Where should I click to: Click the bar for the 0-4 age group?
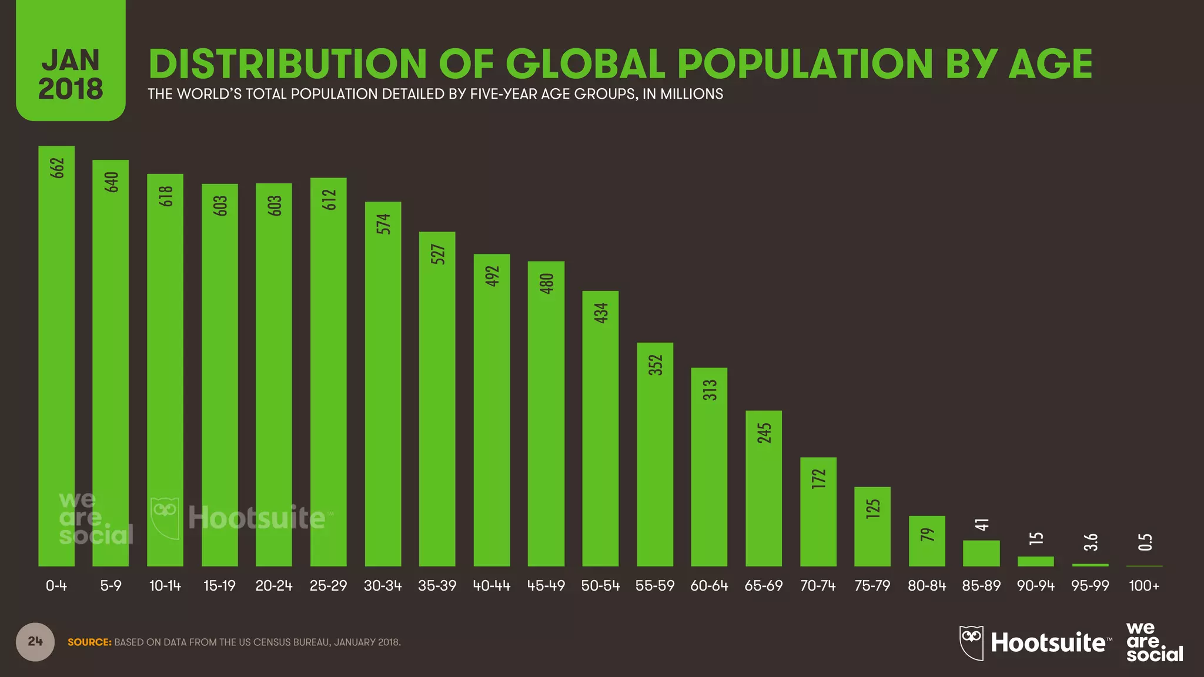coord(56,353)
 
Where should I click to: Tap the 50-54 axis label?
coord(600,586)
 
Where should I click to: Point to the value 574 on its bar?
coord(383,224)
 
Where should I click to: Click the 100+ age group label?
coord(1144,586)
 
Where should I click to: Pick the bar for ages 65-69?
coord(764,488)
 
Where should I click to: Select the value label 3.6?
coord(1091,542)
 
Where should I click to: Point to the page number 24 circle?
coord(35,642)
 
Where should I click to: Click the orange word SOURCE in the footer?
coord(89,642)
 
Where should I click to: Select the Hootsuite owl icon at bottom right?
coord(971,642)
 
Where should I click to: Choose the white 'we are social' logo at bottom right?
coord(1154,642)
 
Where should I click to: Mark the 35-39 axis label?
coord(437,586)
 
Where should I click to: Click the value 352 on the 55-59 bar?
coord(655,365)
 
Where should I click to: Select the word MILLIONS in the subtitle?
coord(691,94)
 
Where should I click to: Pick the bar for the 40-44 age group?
coord(491,411)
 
